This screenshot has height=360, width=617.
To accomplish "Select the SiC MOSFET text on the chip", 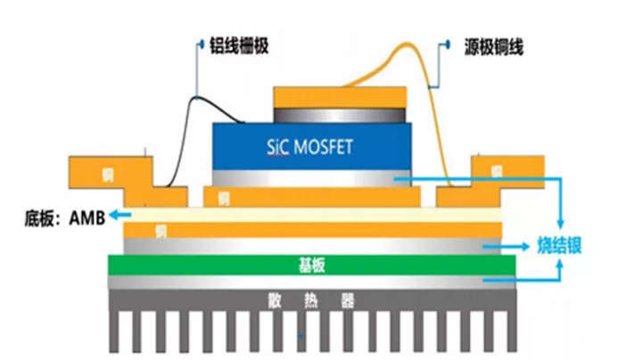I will coord(310,146).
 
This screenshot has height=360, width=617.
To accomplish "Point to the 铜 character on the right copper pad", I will coord(496,171).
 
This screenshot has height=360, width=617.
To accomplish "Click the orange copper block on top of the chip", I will coord(340,95).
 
